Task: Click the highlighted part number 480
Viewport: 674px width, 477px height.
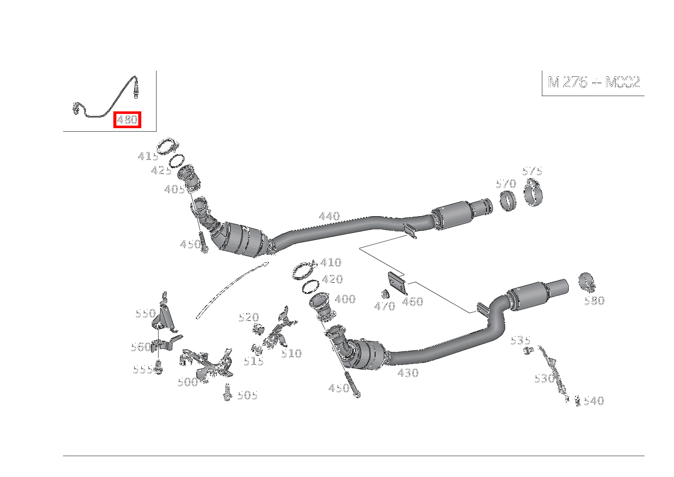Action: (127, 120)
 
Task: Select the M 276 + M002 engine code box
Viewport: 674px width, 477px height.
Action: (593, 82)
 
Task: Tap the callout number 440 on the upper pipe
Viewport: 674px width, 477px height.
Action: (329, 217)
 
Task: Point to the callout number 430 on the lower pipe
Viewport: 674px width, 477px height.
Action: (408, 373)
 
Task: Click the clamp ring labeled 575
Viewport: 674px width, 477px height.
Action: (533, 194)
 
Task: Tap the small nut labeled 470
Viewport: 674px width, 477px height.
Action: (385, 293)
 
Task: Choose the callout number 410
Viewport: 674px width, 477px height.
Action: (330, 263)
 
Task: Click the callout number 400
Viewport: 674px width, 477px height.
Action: (345, 300)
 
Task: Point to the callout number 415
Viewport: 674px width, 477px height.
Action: (147, 157)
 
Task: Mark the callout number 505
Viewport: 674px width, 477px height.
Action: (248, 396)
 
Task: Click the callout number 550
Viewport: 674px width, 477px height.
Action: (145, 314)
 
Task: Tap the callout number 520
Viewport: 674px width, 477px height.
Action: (249, 318)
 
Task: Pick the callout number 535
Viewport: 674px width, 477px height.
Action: (520, 340)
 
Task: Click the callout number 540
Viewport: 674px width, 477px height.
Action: (593, 401)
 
